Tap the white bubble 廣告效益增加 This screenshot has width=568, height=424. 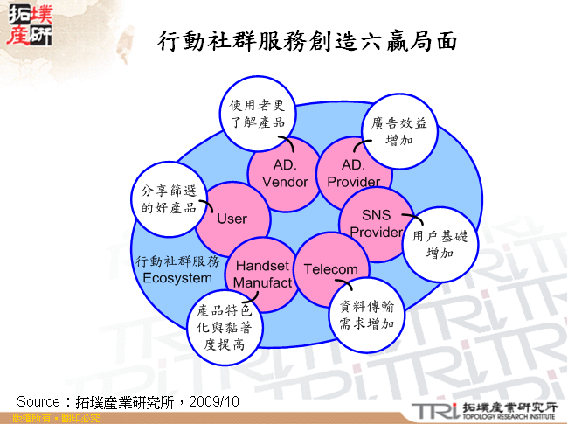pos(398,131)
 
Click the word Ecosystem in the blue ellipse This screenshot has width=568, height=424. pos(177,278)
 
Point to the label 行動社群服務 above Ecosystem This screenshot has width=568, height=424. pos(178,261)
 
